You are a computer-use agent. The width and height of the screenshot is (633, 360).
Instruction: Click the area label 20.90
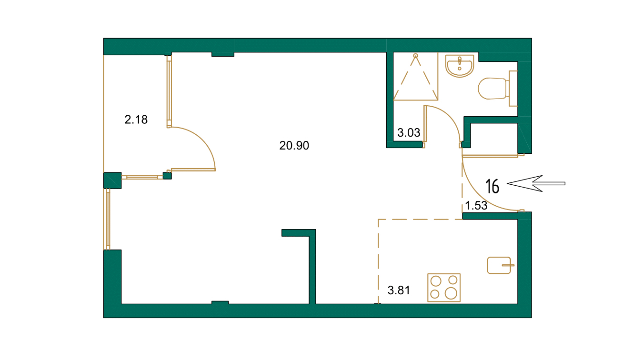coord(294,146)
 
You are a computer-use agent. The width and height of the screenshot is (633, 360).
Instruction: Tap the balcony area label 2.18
coord(136,120)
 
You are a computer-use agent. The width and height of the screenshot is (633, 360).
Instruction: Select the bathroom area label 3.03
coord(409,133)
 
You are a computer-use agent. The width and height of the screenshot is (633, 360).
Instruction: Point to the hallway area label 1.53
coord(476,206)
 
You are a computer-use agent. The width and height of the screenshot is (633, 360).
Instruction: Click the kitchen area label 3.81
coord(399,290)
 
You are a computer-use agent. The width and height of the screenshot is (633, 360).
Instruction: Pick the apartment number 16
coord(492,186)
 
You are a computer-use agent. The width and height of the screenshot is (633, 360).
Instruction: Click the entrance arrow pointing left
coord(536,183)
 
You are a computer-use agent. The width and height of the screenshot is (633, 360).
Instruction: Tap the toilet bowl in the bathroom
coord(492,88)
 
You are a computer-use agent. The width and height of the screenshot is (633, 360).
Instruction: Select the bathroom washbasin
coord(460,65)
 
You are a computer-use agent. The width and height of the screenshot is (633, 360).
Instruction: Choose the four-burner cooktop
coord(444,287)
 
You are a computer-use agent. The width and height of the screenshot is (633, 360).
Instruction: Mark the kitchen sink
coord(499,265)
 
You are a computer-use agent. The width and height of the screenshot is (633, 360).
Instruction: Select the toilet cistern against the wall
coord(513,88)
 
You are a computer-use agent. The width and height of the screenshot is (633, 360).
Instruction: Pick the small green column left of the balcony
coord(112,180)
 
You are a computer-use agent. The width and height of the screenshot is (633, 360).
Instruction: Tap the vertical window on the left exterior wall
coord(108,219)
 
